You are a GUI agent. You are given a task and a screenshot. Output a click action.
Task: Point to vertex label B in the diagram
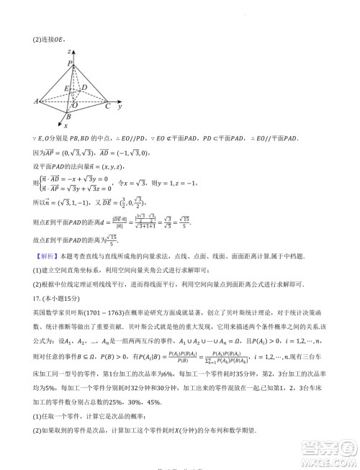[68, 116]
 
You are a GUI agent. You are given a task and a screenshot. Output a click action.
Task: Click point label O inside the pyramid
[75, 105]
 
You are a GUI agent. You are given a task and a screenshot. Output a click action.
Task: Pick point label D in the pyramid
[84, 88]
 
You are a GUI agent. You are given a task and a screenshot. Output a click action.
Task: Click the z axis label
[68, 53]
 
